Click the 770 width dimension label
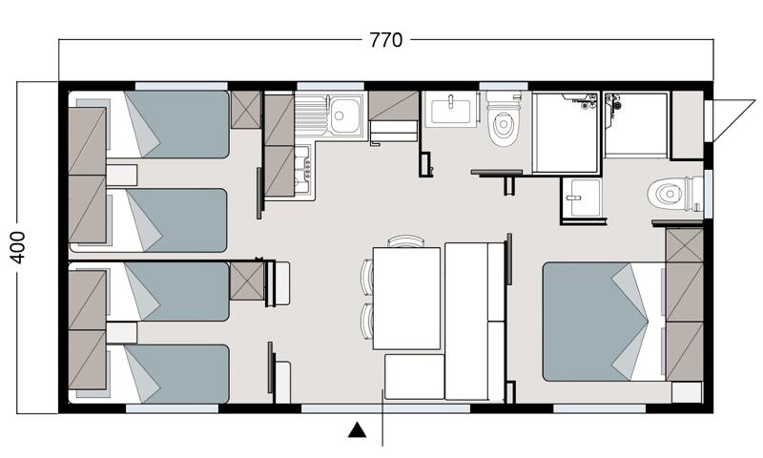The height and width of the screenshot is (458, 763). [x=386, y=40]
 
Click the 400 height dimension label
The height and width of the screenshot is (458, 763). [x=18, y=247]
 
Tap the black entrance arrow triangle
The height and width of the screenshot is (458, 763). [x=357, y=429]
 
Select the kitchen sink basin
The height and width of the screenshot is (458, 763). [x=344, y=114]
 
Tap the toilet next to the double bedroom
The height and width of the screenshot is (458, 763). [x=674, y=194]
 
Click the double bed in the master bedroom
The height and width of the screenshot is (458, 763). [x=604, y=322]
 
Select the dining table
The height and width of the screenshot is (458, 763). [x=406, y=299]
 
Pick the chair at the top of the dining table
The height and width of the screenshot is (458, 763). [x=406, y=240]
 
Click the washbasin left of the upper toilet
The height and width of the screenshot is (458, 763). [x=450, y=110]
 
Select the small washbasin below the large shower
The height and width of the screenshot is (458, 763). [x=583, y=198]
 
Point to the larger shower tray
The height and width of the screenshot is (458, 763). [x=566, y=133]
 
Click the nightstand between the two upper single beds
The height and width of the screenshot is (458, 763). [x=122, y=176]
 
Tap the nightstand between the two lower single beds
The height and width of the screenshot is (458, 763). [x=122, y=333]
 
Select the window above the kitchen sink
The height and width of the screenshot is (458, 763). [x=330, y=86]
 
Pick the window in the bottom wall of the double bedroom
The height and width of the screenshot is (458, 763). [x=600, y=408]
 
